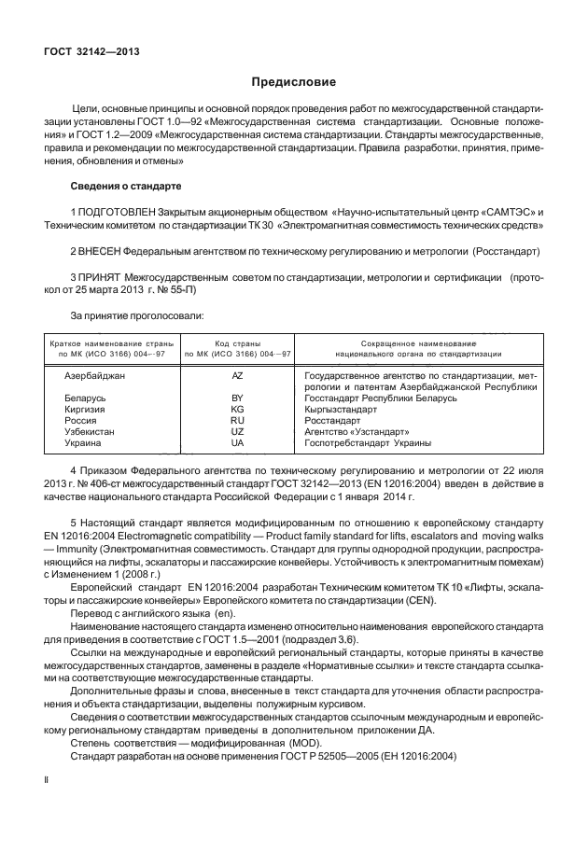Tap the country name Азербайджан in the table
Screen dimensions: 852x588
[94, 374]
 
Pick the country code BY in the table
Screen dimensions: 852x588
[237, 398]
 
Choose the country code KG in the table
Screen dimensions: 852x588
[237, 410]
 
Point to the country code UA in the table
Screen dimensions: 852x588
[237, 444]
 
